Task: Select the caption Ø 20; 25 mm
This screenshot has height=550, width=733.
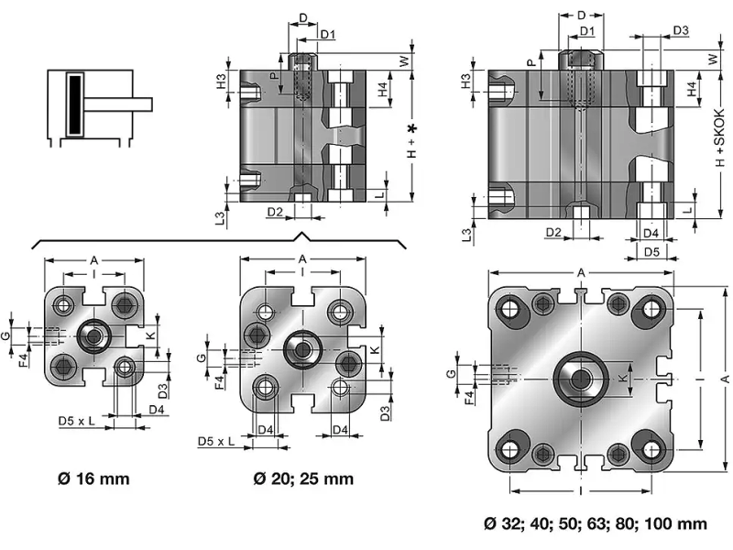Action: (303, 478)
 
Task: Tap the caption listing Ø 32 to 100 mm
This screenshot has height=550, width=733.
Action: (596, 524)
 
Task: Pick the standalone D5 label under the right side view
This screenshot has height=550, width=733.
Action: (651, 250)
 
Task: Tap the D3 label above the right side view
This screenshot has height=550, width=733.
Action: (681, 30)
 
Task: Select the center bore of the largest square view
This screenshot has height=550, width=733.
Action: (580, 378)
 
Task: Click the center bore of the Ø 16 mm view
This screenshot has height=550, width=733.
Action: (93, 336)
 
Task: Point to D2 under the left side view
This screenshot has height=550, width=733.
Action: (275, 213)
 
